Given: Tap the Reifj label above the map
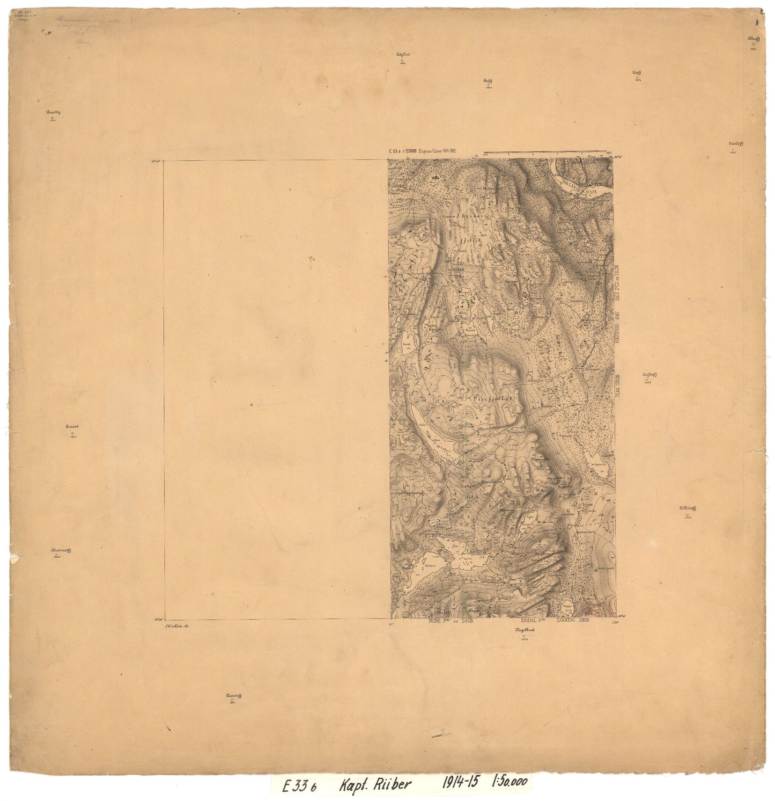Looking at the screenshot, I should tap(487, 80).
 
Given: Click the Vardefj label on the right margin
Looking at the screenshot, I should tap(735, 144).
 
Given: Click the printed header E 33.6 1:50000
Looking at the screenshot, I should tap(405, 152).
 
